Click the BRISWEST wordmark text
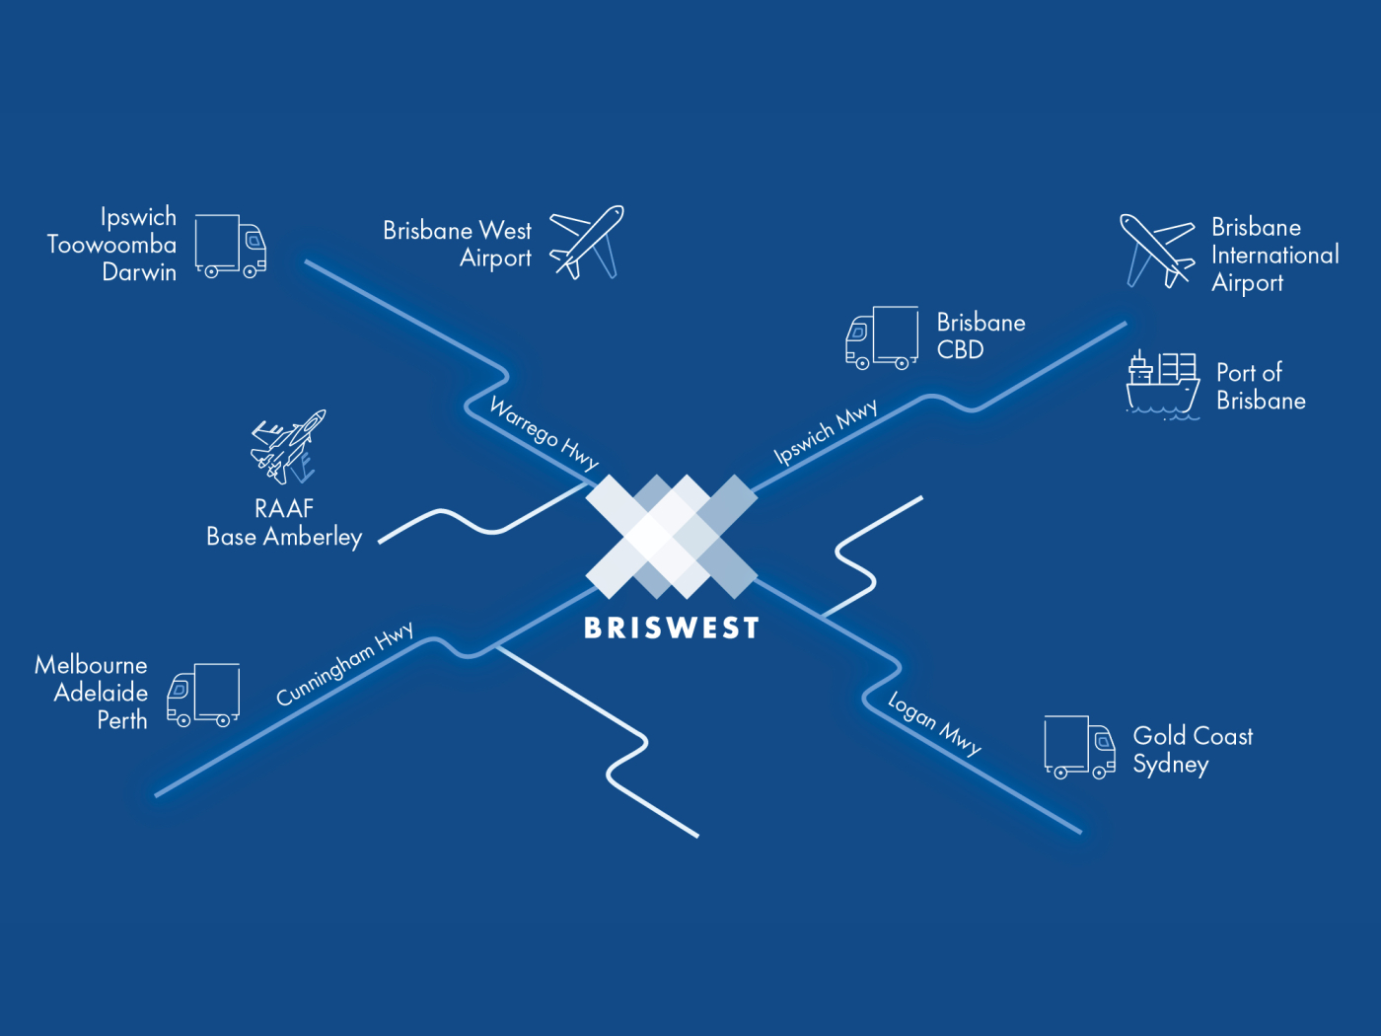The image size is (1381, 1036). point(672,628)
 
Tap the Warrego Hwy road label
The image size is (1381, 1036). point(545,433)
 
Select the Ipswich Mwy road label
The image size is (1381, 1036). point(825,431)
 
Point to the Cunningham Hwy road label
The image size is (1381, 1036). point(345,663)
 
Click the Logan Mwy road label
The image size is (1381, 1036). point(934,723)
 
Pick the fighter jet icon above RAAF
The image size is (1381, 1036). point(289,446)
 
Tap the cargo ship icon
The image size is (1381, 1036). point(1162,385)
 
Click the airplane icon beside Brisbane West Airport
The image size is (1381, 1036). point(586,242)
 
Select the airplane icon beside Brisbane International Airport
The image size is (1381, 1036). point(1157,251)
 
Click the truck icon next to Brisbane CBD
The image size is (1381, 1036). point(882,337)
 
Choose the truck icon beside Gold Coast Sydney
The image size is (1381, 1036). point(1079,747)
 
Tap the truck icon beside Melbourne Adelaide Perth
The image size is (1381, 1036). point(203,695)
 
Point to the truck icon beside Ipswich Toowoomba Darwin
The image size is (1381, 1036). point(230,246)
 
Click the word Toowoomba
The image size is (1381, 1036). point(112,245)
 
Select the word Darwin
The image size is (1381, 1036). point(139,272)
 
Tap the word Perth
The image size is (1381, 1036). point(122,720)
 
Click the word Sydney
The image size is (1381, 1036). point(1171,765)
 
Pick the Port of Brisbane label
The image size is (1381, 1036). point(1261,386)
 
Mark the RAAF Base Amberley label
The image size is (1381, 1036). point(284,523)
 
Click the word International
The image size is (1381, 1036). point(1275,255)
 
